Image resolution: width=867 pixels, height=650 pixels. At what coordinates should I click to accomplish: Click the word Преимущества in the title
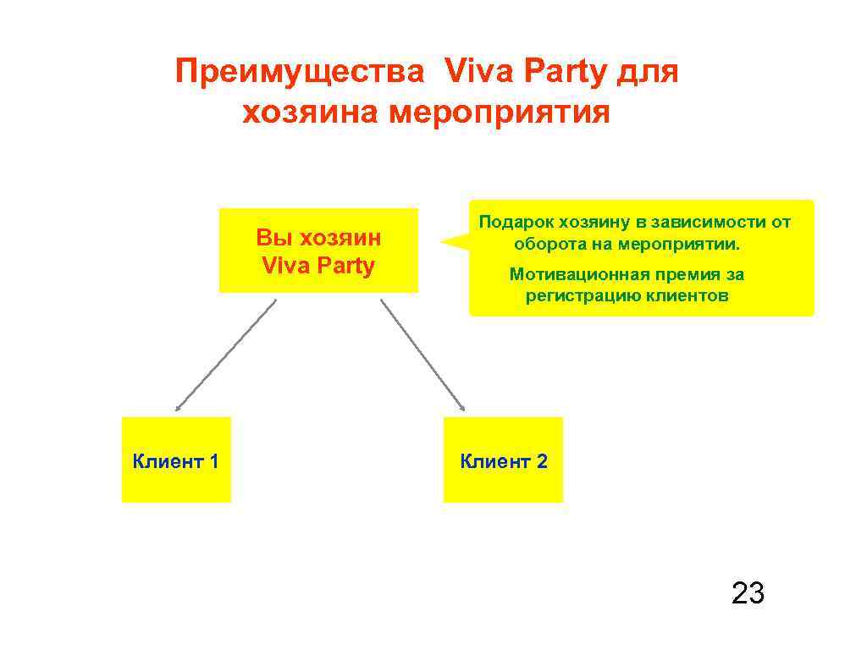(299, 73)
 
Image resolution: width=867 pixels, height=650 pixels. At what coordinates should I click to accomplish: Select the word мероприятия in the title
(499, 112)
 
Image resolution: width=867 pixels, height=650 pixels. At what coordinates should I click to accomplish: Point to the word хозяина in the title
(310, 112)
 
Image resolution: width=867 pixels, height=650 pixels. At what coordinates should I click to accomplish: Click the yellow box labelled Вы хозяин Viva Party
(318, 251)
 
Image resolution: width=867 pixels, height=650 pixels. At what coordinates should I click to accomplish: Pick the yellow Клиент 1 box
(176, 460)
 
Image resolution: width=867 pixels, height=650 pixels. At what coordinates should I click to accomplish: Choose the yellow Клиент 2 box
(503, 460)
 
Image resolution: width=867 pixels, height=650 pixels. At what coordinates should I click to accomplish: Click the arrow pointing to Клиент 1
(225, 355)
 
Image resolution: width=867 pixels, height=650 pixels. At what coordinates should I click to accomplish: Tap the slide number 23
(748, 593)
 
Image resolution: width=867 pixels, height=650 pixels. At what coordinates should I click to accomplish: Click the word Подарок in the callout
(515, 223)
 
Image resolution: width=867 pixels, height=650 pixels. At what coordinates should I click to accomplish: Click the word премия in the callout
(682, 274)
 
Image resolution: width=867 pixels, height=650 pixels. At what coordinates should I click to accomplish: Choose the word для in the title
(647, 73)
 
